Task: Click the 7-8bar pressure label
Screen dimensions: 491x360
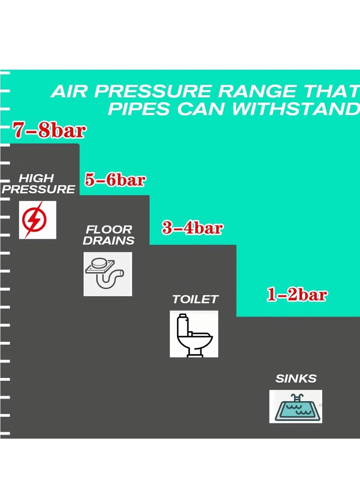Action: (x=49, y=131)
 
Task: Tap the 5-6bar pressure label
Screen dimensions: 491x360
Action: (x=115, y=180)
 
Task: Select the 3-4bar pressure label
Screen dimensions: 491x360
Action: (x=192, y=228)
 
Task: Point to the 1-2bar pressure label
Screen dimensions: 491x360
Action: (x=297, y=295)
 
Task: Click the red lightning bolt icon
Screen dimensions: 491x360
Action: (x=37, y=220)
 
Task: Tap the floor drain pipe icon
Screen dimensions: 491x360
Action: (x=108, y=274)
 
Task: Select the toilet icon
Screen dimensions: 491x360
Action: (x=194, y=333)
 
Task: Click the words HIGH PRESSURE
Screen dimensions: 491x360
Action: (x=38, y=184)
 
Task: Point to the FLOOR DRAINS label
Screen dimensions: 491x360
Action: (x=109, y=235)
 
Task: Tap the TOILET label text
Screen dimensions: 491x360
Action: (x=195, y=299)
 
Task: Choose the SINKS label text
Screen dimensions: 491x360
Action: (x=296, y=378)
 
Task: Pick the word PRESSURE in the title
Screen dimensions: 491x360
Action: (x=153, y=92)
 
